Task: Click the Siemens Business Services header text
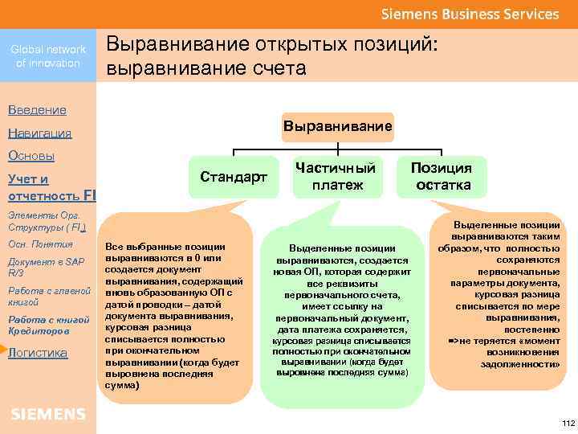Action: click(x=470, y=14)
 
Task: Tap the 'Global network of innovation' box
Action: click(x=48, y=56)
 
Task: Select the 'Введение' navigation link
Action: click(x=37, y=109)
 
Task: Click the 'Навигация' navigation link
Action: click(x=39, y=133)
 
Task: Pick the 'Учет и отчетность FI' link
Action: click(x=50, y=187)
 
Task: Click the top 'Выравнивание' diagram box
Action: click(x=338, y=126)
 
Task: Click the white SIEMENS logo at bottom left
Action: click(x=48, y=414)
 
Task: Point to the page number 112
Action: click(x=568, y=423)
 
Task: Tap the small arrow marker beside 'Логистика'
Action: click(x=3, y=350)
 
